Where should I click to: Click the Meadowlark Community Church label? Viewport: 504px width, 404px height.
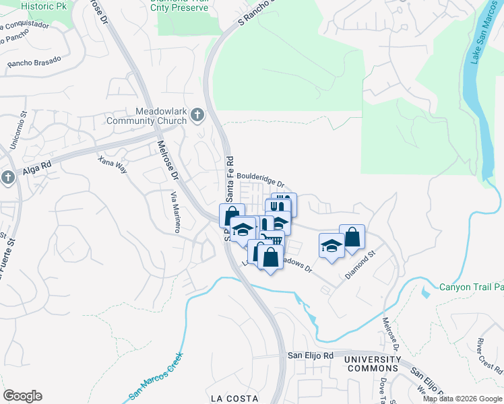146,116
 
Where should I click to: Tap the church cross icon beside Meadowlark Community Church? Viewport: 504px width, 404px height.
197,115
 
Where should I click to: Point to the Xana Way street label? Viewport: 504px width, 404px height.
112,165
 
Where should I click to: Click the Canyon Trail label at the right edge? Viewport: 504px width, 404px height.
471,287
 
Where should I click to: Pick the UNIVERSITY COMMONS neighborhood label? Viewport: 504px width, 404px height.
372,364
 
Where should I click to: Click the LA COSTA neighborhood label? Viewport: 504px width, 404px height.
234,398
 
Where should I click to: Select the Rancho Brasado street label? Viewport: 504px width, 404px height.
34,62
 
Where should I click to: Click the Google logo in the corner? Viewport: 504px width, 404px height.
22,396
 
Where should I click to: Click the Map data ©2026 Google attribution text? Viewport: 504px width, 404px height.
462,399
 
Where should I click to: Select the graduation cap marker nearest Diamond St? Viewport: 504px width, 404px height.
331,244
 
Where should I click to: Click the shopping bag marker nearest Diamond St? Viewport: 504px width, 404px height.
352,236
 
